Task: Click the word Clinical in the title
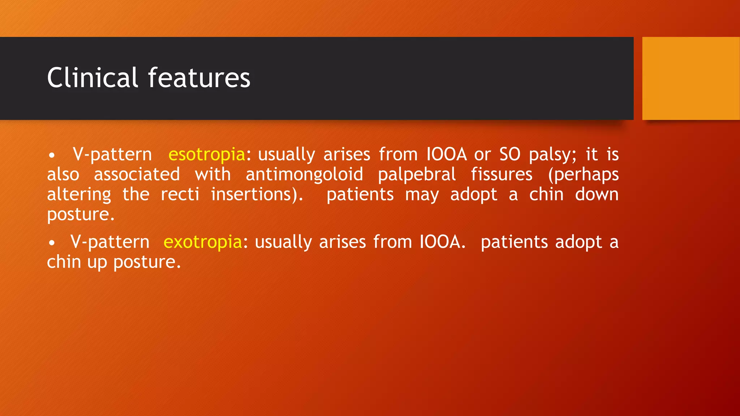(x=92, y=78)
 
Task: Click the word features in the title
(x=199, y=78)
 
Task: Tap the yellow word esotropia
(x=207, y=155)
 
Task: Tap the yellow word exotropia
(x=203, y=242)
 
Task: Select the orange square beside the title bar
(x=690, y=78)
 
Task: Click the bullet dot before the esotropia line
(x=52, y=156)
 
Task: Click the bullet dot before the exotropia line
(x=52, y=243)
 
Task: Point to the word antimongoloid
(x=304, y=174)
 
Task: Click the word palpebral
(x=417, y=174)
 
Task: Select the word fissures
(x=502, y=174)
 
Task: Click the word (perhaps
(x=583, y=174)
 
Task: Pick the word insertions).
(x=257, y=194)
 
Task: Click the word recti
(x=180, y=194)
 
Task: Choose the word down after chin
(x=597, y=194)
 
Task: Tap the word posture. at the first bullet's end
(x=81, y=214)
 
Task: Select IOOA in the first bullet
(x=447, y=155)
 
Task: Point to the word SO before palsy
(x=510, y=155)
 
